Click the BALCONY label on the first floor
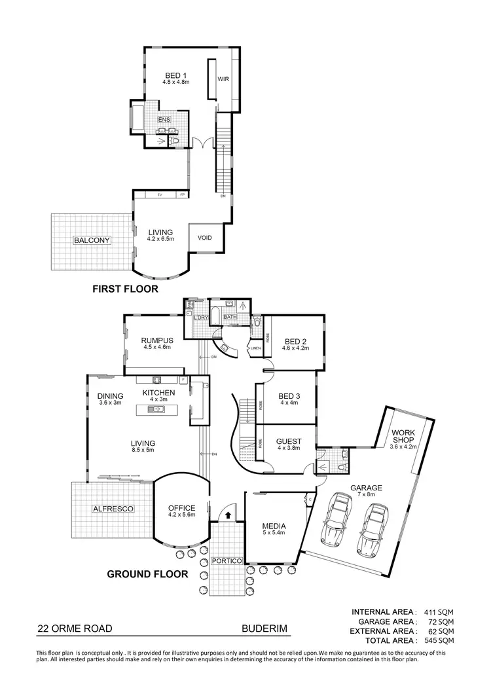(x=92, y=240)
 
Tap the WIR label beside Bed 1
(x=223, y=79)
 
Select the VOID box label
(x=205, y=238)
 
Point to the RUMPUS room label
(x=156, y=340)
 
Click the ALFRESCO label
(x=113, y=508)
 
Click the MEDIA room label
(x=272, y=525)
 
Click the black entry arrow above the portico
(x=227, y=515)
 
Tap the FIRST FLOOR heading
(x=125, y=288)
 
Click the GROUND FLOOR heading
(x=147, y=575)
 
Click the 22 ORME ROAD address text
(x=75, y=629)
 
